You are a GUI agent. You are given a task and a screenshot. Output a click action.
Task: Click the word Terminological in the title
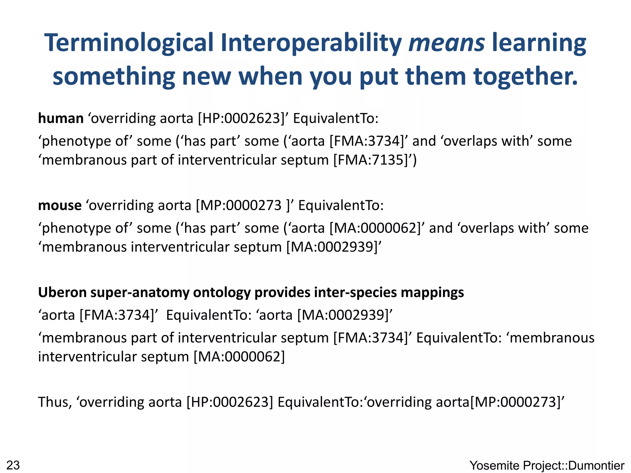pos(129,43)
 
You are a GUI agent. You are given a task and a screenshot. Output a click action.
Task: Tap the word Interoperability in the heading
pos(311,43)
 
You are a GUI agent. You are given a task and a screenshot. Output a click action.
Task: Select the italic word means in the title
pos(446,43)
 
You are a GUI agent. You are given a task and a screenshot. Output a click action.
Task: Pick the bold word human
pos(61,119)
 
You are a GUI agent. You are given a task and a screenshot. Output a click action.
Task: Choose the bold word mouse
pos(60,205)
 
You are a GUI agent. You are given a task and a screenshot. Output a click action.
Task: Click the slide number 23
pos(13,465)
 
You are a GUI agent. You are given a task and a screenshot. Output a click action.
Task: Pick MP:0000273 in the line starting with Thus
pos(516,402)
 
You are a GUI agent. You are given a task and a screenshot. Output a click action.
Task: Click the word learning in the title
pos(539,43)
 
